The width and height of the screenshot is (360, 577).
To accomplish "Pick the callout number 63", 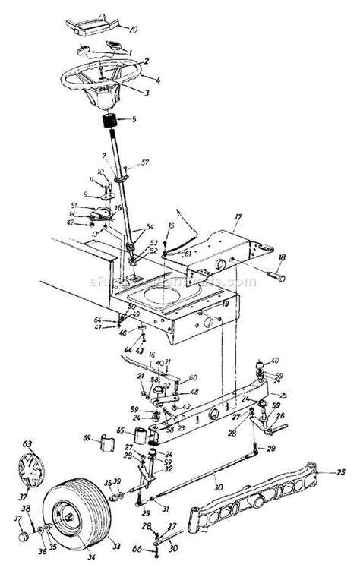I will pos(27,442).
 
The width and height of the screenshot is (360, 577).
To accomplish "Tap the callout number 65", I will pos(119,430).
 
